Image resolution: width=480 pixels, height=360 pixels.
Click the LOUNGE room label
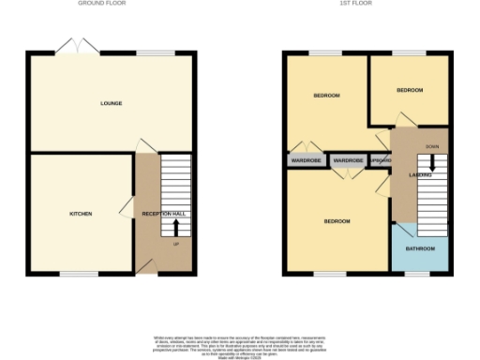[x=112, y=103]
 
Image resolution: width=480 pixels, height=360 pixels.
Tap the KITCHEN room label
[x=81, y=214]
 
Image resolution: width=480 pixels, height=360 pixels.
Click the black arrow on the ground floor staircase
[x=175, y=227]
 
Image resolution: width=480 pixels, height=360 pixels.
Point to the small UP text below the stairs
[x=175, y=245]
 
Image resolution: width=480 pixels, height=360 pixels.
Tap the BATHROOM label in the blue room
[x=420, y=248]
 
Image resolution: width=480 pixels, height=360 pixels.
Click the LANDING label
[x=406, y=175]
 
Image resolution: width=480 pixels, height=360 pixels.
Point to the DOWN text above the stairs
[x=431, y=147]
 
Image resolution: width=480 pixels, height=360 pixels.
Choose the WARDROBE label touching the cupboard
[x=348, y=161]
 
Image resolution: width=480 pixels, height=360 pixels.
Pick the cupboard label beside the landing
[x=381, y=161]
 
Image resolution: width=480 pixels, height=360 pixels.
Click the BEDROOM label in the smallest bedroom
[x=410, y=90]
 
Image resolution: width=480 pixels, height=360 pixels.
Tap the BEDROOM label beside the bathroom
[x=337, y=221]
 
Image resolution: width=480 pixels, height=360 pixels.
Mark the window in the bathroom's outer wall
[x=418, y=274]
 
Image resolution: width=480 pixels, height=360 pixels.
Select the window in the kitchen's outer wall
[x=71, y=274]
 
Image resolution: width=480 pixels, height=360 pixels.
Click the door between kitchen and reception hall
[x=125, y=209]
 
